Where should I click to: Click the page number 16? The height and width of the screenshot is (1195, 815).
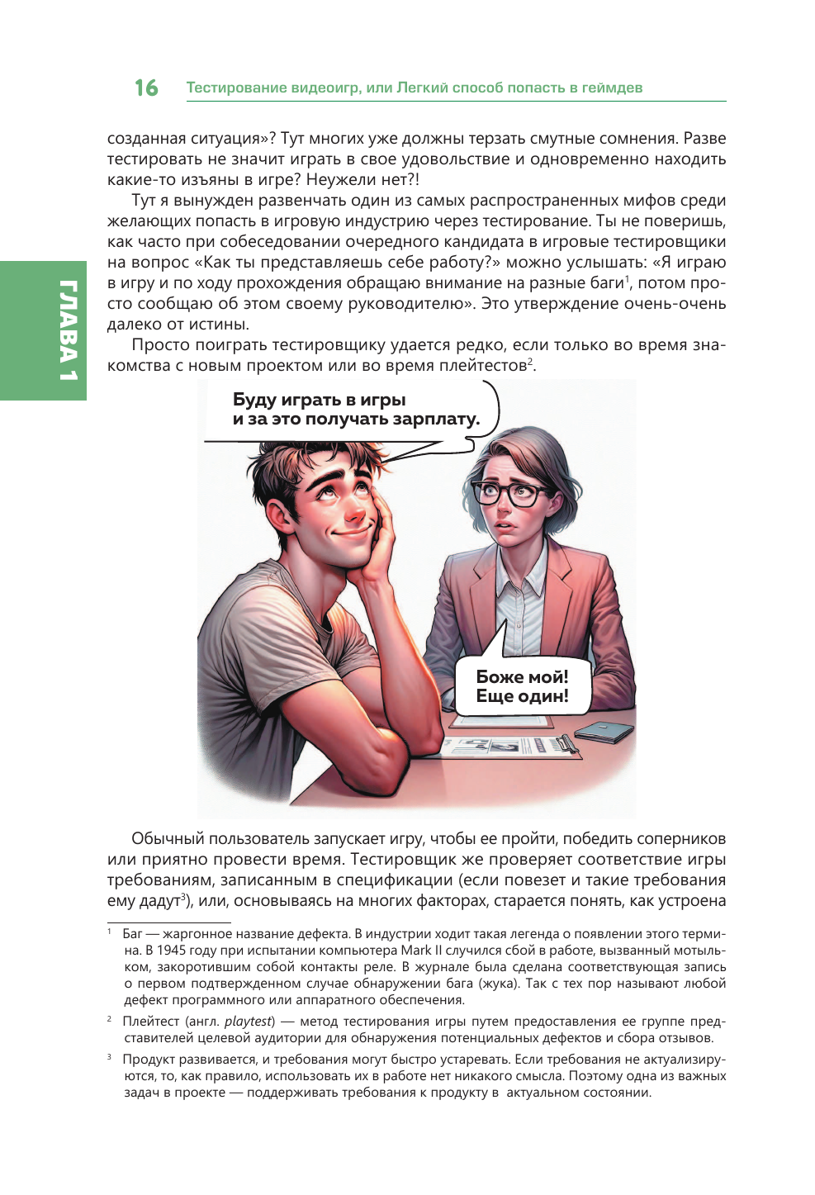coord(146,88)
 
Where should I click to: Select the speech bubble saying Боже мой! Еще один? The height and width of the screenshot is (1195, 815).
coord(522,686)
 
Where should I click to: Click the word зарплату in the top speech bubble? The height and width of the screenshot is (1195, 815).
coord(435,419)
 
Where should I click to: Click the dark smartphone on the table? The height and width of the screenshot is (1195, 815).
coord(604,732)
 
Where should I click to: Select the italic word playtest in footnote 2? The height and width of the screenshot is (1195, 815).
coord(249,1022)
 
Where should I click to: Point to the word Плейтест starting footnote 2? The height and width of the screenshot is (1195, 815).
coord(151,1022)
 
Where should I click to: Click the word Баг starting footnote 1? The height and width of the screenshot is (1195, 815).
coord(132,934)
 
